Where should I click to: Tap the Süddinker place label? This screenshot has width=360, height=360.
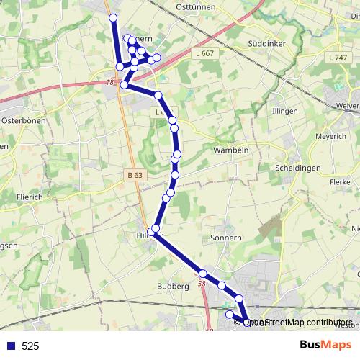click(266, 43)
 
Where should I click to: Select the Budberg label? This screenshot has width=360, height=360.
click(173, 286)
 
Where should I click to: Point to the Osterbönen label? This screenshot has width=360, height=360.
click(24, 120)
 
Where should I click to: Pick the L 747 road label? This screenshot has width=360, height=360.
click(336, 57)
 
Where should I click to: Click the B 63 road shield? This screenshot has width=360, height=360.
click(134, 175)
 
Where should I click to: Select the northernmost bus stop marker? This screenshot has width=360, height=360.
click(112, 17)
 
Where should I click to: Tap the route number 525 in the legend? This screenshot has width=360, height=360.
click(30, 346)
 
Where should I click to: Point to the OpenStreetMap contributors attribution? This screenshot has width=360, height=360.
click(302, 323)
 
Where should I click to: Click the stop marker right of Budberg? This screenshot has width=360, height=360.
click(203, 274)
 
